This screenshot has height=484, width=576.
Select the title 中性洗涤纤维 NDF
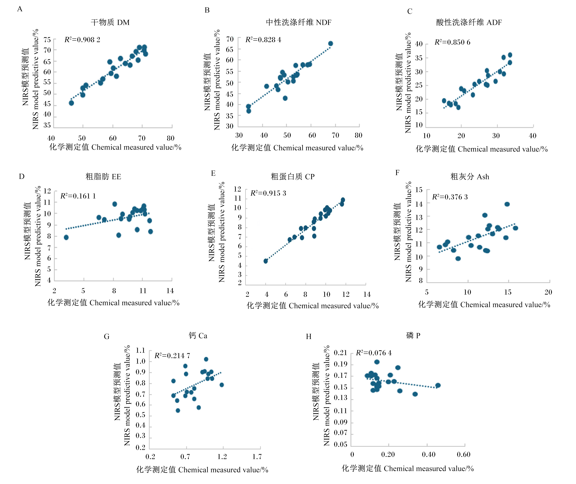(x=299, y=22)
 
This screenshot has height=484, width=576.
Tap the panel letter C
(x=409, y=11)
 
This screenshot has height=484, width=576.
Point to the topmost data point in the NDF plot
(x=330, y=43)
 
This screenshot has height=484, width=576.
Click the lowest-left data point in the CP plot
(x=265, y=261)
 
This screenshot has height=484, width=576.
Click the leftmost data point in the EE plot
(x=66, y=237)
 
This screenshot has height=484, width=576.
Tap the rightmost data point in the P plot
(x=438, y=385)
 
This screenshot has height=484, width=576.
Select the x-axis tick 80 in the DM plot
(x=171, y=138)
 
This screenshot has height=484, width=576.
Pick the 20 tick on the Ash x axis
(x=548, y=292)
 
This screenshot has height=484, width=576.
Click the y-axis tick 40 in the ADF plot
(x=419, y=44)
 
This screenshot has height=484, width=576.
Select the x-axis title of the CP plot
(x=313, y=306)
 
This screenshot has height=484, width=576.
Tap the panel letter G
(x=107, y=336)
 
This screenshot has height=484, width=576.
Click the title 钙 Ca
(x=198, y=336)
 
